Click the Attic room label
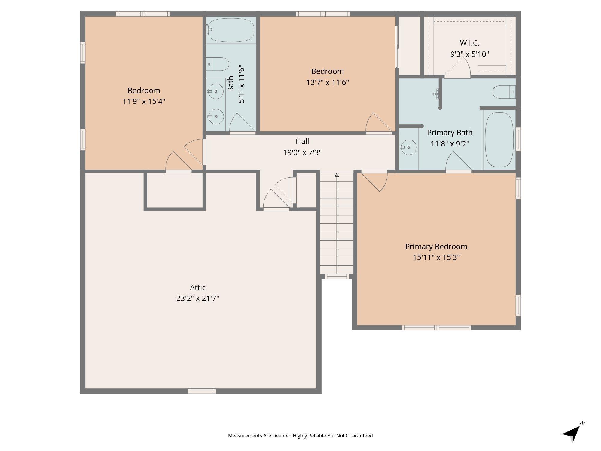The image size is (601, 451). pos(198,287)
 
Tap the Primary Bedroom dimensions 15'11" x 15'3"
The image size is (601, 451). pos(436,257)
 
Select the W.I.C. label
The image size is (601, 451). pos(469,43)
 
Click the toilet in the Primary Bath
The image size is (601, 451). pos(504,92)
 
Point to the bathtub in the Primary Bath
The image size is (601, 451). pos(499,140)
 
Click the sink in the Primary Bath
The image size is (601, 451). pos(409,147)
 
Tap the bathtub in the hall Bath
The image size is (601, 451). pos(230,30)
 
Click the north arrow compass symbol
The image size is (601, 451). pos(573,433)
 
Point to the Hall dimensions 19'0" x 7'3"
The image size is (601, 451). pos(302,152)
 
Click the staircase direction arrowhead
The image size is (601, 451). pos(337,175)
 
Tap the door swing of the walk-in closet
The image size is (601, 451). pos(457,67)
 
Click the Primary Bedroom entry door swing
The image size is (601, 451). pos(374,181)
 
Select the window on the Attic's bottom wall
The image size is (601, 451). pos(202,391)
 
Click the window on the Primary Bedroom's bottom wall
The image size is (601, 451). pos(437,328)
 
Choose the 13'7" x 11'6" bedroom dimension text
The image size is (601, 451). pos(328,82)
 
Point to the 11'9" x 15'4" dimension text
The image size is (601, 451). pos(144,101)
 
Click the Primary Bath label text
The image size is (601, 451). pos(450,133)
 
